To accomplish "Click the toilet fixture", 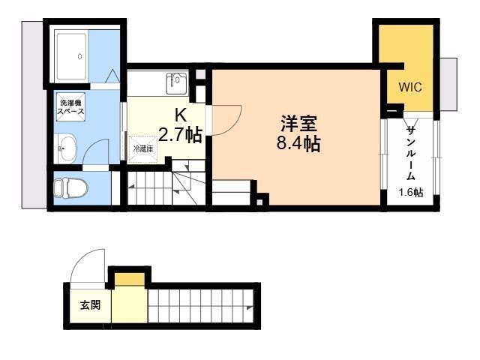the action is pyautogui.click(x=70, y=187).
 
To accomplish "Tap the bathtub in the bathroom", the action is pyautogui.click(x=72, y=56).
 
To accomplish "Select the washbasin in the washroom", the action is pyautogui.click(x=66, y=148).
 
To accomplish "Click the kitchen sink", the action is pyautogui.click(x=176, y=83).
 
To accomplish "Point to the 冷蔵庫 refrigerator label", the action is pyautogui.click(x=143, y=149).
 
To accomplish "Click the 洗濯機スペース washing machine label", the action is pyautogui.click(x=70, y=106).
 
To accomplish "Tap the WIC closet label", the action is pyautogui.click(x=410, y=87).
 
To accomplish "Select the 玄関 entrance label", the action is pyautogui.click(x=90, y=305).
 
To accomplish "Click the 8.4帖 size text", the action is pyautogui.click(x=298, y=143).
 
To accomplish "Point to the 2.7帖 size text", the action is pyautogui.click(x=180, y=135).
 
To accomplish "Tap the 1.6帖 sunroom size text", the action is pyautogui.click(x=411, y=193).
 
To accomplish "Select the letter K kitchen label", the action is pyautogui.click(x=180, y=115).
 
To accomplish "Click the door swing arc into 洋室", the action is pyautogui.click(x=233, y=126).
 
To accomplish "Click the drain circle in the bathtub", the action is pyautogui.click(x=79, y=56).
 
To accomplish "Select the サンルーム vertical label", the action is pyautogui.click(x=411, y=154).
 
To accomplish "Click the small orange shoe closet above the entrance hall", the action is pyautogui.click(x=130, y=279).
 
